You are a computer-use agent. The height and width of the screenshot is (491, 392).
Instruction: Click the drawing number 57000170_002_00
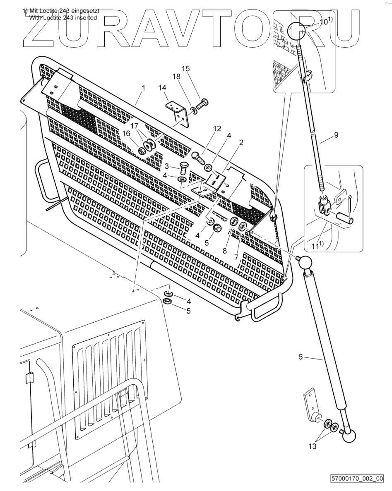(x=357, y=479)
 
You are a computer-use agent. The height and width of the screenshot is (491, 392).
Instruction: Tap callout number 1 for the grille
(x=143, y=88)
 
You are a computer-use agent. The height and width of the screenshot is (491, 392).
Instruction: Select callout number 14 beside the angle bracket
(x=161, y=87)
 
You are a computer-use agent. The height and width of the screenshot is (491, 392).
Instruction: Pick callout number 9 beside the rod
(x=336, y=134)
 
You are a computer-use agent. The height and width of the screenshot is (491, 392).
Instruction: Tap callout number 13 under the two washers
(x=313, y=446)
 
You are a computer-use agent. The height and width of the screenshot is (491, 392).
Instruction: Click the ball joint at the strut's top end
(x=306, y=263)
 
